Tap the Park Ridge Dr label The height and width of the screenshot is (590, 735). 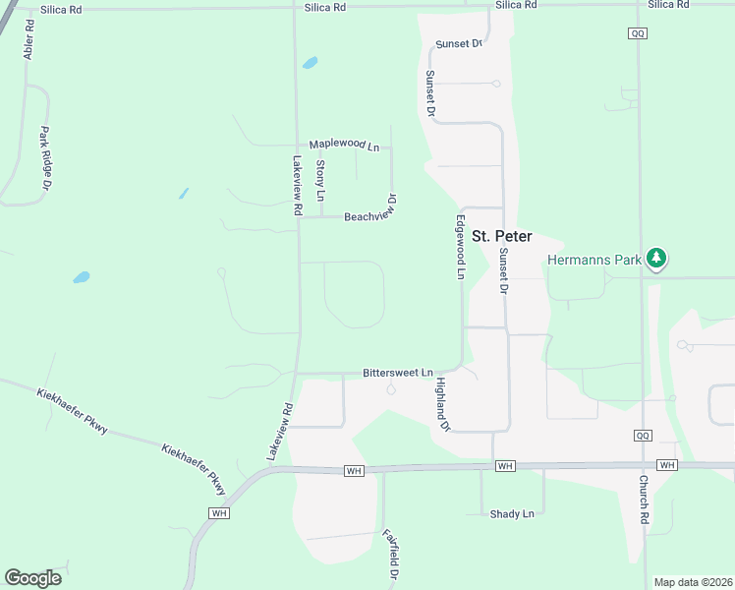point(45,157)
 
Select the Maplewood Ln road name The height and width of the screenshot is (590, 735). point(344,146)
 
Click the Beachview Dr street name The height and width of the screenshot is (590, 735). point(370,215)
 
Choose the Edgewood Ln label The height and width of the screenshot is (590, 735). point(459,248)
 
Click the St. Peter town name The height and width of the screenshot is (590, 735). point(502,237)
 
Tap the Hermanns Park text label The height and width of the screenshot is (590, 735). point(594,261)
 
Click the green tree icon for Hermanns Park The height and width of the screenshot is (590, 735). point(656,260)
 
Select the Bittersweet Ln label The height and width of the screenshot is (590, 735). point(398,374)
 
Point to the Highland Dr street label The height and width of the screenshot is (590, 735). point(442,405)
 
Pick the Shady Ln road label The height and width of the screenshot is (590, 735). point(512,513)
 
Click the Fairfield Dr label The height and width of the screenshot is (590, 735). point(390,555)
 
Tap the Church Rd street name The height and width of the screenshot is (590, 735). point(645,499)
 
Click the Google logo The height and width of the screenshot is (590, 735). point(32,577)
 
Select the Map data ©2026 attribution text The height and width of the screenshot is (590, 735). point(692,582)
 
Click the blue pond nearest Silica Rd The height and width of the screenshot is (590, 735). point(311,63)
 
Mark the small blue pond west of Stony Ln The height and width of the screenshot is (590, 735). point(184,193)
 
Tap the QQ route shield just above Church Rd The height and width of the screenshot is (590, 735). point(643,435)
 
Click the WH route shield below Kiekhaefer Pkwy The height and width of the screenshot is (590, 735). point(219,512)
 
